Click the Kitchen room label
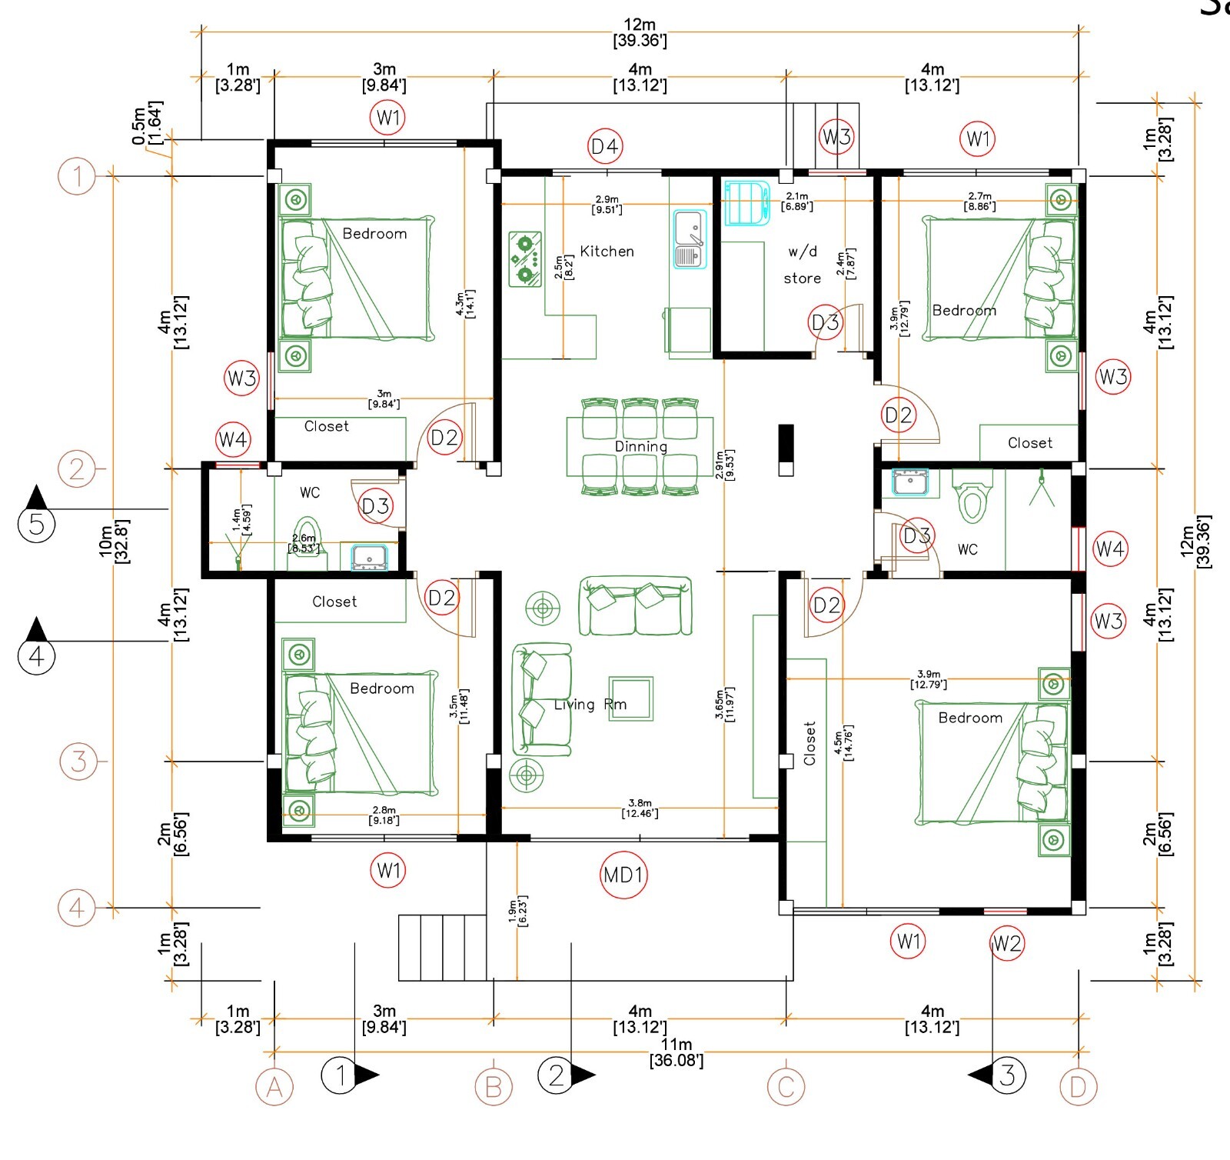607,252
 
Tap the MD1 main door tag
623,875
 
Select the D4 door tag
605,146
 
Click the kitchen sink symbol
690,239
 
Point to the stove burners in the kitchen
525,259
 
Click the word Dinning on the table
640,446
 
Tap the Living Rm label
590,704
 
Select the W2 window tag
1007,943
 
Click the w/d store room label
802,265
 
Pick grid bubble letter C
786,1087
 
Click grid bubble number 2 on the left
77,468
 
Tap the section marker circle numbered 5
36,525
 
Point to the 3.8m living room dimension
640,808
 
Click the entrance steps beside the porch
442,947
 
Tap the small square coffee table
630,698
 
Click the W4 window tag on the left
233,439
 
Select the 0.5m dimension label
146,123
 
